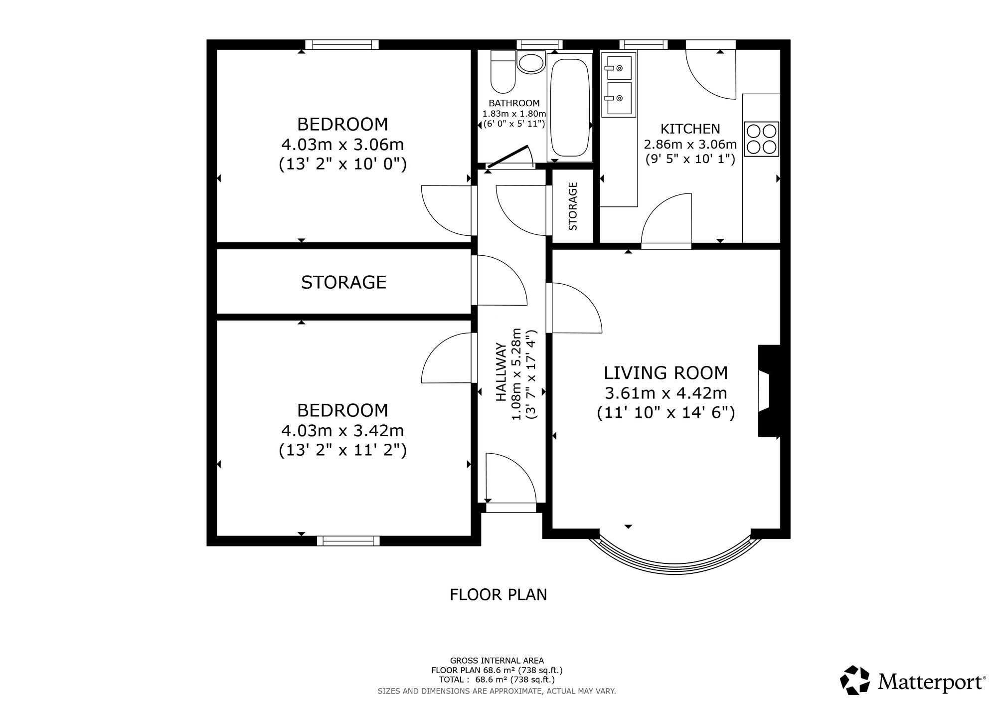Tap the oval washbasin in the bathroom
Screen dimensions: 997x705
coord(531,62)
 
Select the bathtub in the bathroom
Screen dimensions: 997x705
coord(570,107)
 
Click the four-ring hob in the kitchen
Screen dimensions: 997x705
coord(761,139)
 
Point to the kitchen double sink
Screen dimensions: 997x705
coord(619,84)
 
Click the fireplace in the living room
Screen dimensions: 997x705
coord(769,391)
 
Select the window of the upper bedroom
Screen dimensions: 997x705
coord(342,44)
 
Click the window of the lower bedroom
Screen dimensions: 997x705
coord(348,541)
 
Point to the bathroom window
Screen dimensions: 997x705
coord(539,44)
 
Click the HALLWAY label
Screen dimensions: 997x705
coord(501,372)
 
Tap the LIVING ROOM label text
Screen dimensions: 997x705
coord(666,372)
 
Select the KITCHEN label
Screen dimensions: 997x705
coord(690,129)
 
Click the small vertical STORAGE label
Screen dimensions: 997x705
coord(573,206)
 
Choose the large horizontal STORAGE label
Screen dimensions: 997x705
coord(344,282)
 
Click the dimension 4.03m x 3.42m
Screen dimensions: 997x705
coord(342,430)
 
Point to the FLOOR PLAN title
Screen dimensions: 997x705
coord(498,595)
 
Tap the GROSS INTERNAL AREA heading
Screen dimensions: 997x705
coord(497,661)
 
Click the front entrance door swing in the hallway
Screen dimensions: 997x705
coord(511,477)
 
